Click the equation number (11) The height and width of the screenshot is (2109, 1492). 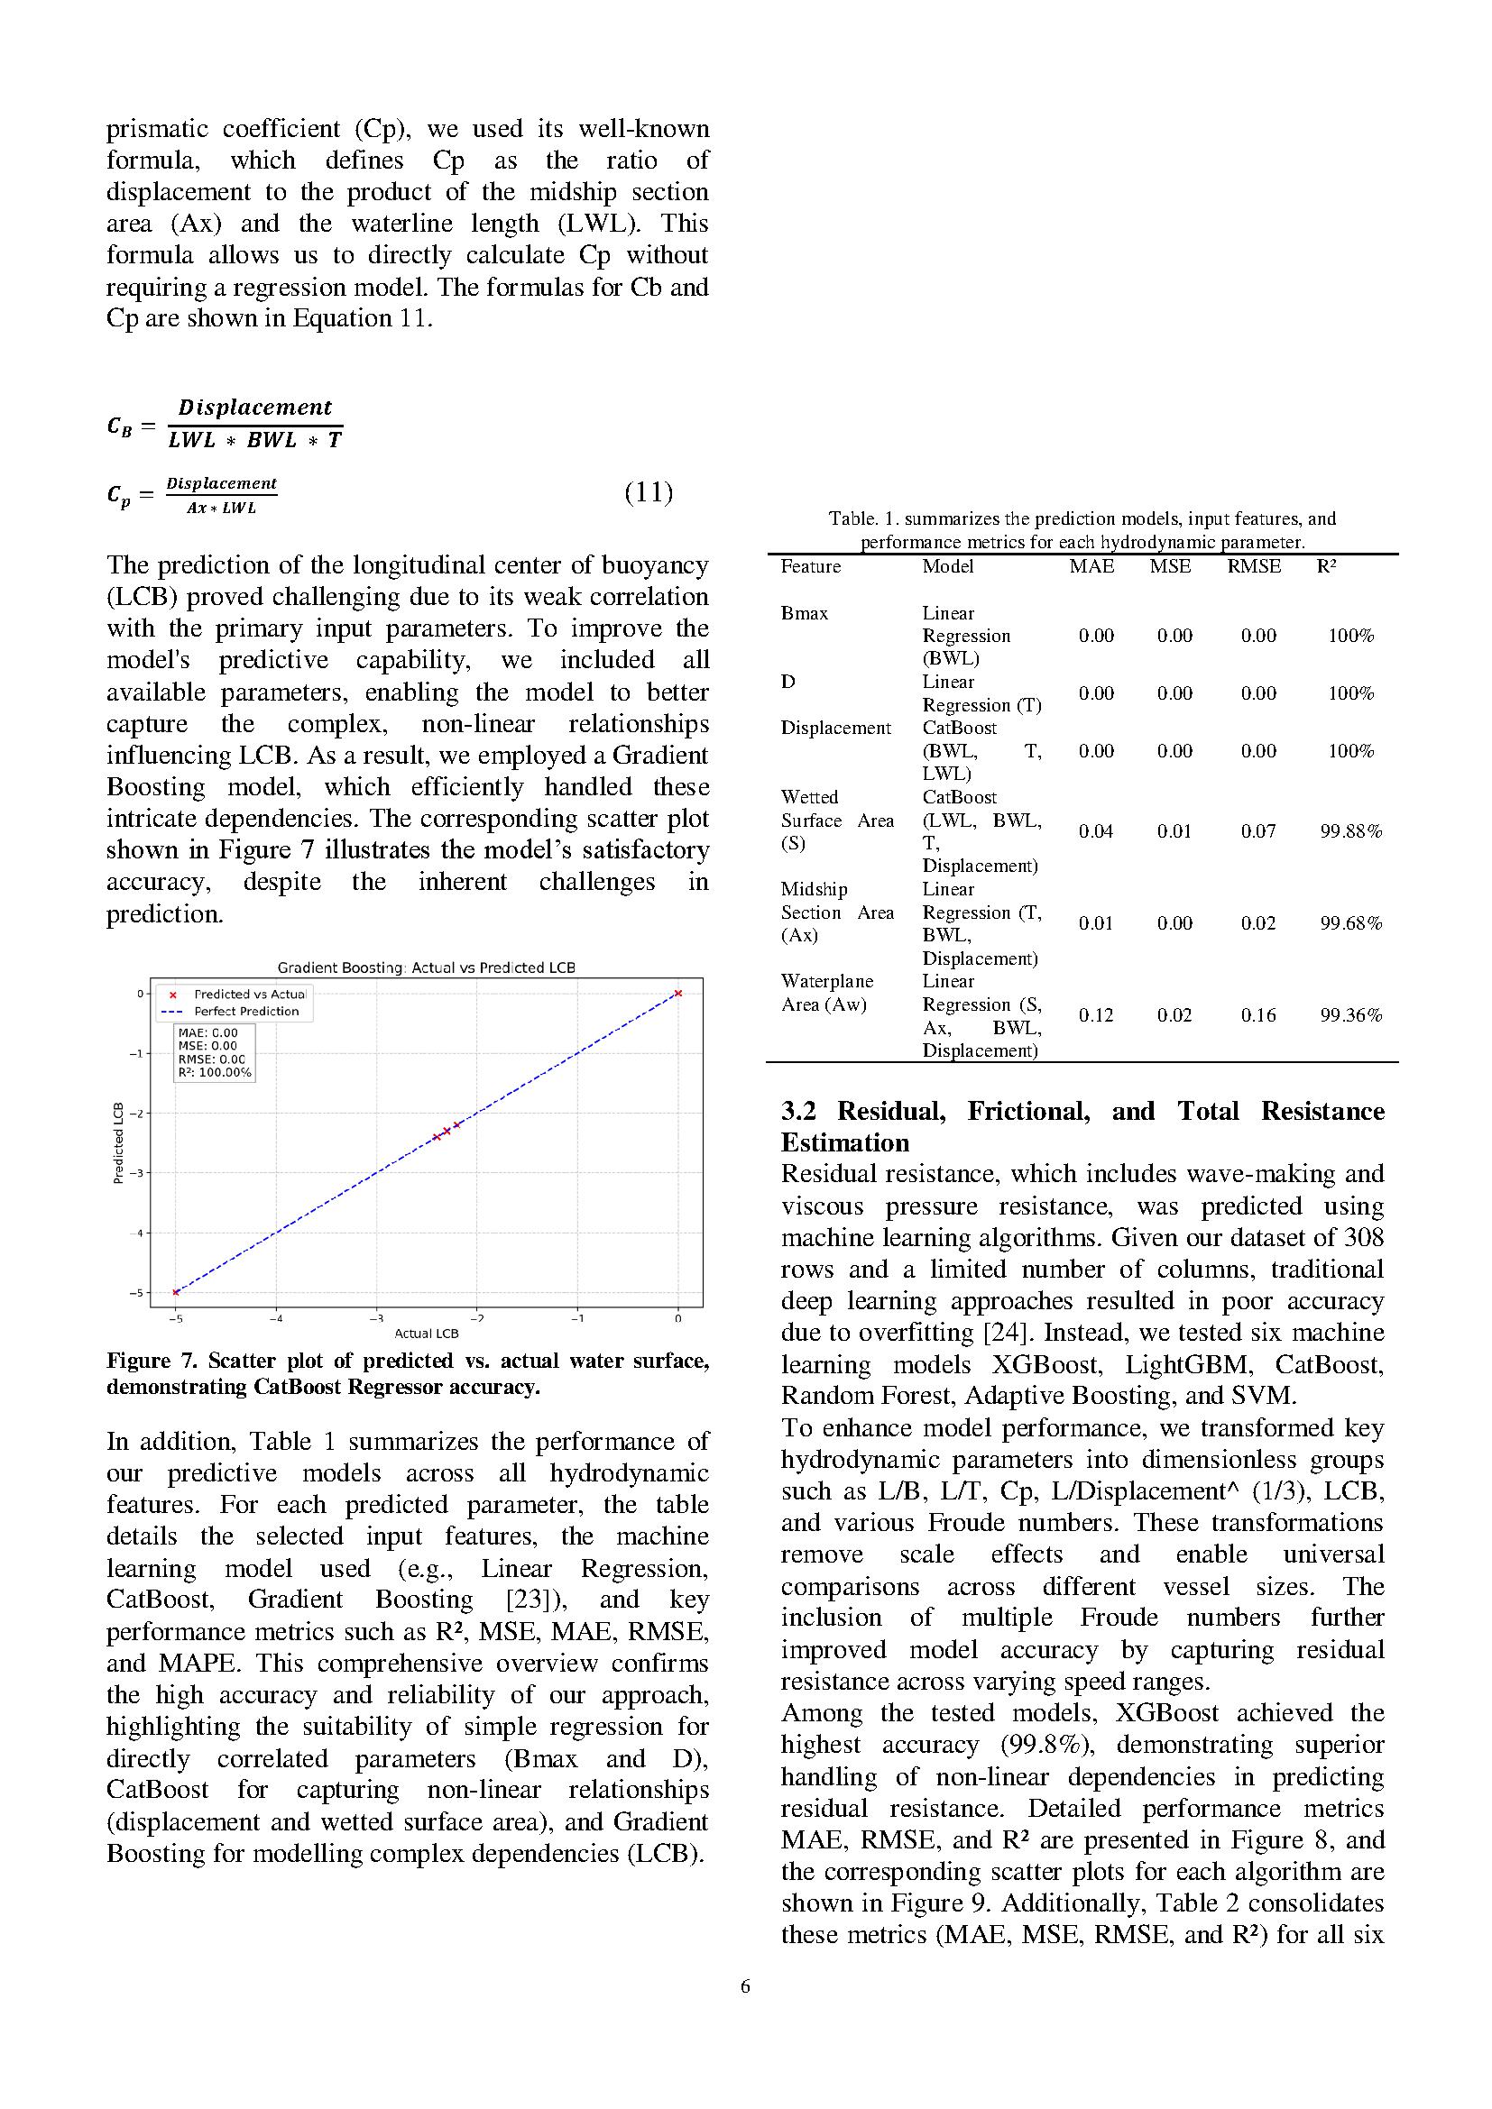point(649,493)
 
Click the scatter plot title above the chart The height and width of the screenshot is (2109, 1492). point(427,967)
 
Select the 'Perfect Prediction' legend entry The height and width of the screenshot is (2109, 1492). point(246,1012)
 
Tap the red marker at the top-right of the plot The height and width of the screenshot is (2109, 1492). point(678,993)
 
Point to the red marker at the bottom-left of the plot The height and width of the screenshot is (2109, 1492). point(177,1292)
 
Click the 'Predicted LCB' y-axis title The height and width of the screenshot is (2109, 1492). point(117,1142)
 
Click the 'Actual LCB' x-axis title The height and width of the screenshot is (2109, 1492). point(427,1333)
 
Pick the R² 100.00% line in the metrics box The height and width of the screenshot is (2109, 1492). point(214,1072)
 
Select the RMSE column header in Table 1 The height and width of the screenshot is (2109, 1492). point(1254,567)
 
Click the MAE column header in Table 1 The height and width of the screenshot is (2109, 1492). point(1091,567)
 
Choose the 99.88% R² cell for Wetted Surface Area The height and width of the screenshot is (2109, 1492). point(1350,831)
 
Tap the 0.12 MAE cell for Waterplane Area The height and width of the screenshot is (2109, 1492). point(1096,1015)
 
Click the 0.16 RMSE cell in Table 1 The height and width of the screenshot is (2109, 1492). point(1257,1015)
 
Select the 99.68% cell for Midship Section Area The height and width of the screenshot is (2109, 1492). point(1350,923)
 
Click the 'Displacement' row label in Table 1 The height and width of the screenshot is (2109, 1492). point(835,728)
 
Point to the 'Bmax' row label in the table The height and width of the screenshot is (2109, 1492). point(804,612)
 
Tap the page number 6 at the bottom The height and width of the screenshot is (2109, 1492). point(745,1985)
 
